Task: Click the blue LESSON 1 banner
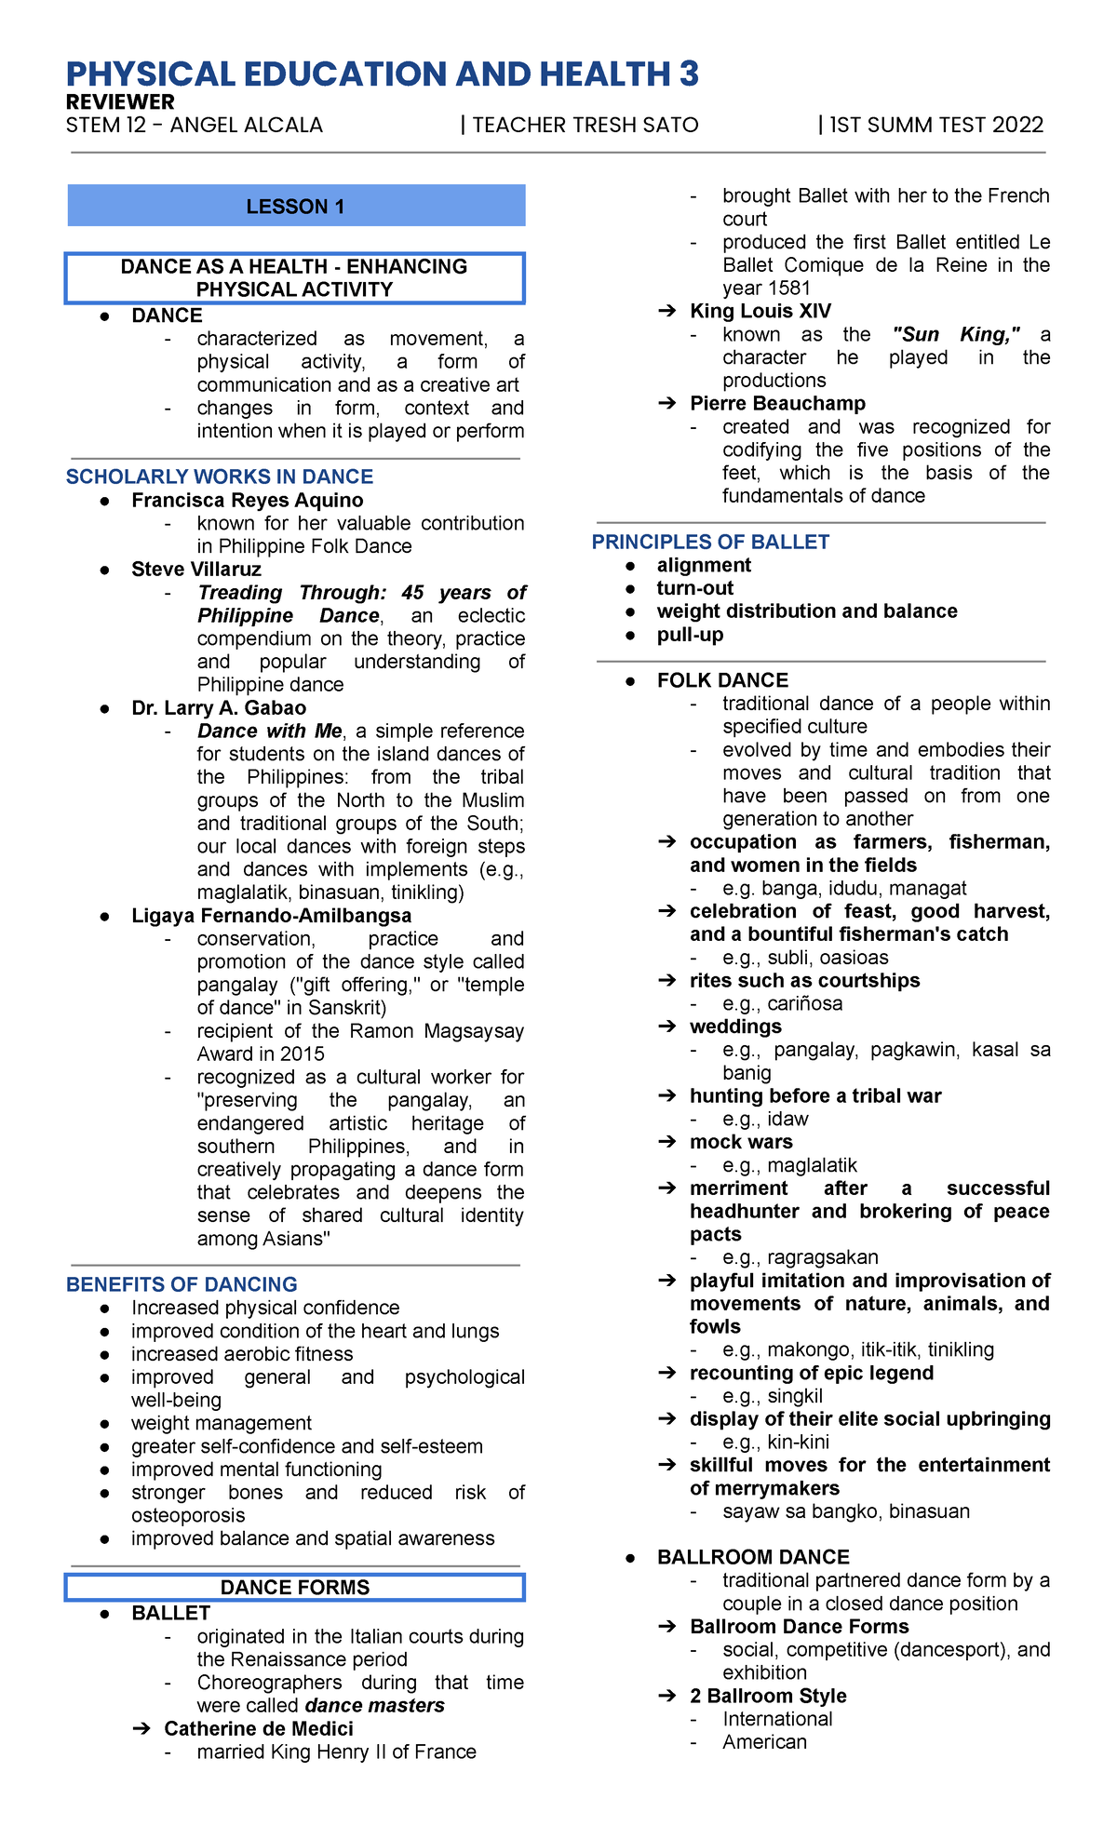point(296,206)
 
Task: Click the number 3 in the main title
point(689,74)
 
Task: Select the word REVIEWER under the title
point(120,102)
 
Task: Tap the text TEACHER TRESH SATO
point(585,126)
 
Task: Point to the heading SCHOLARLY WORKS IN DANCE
point(219,477)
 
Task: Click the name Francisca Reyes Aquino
point(248,500)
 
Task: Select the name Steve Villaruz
point(196,569)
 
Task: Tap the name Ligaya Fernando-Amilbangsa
point(271,915)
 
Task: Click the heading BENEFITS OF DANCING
point(182,1284)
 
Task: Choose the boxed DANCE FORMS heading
point(295,1587)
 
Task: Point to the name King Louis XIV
point(760,311)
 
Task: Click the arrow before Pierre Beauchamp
point(666,404)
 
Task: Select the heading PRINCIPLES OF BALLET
point(710,542)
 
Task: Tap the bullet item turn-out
point(695,588)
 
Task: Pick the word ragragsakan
point(823,1257)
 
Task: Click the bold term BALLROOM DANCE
point(753,1557)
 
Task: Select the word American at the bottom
point(764,1741)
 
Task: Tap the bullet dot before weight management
point(106,1424)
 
